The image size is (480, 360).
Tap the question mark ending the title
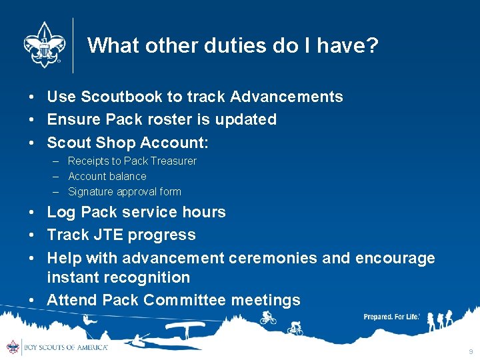pyautogui.click(x=371, y=45)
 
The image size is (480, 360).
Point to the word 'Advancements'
pyautogui.click(x=286, y=97)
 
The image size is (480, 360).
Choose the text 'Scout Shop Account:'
pyautogui.click(x=127, y=142)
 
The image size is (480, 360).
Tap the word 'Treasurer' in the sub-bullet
pyautogui.click(x=173, y=161)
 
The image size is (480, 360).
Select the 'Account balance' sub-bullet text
pyautogui.click(x=107, y=176)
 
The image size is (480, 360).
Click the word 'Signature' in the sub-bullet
pyautogui.click(x=91, y=191)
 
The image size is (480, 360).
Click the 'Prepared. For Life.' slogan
pyautogui.click(x=391, y=317)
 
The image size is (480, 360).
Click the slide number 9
pyautogui.click(x=471, y=351)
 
